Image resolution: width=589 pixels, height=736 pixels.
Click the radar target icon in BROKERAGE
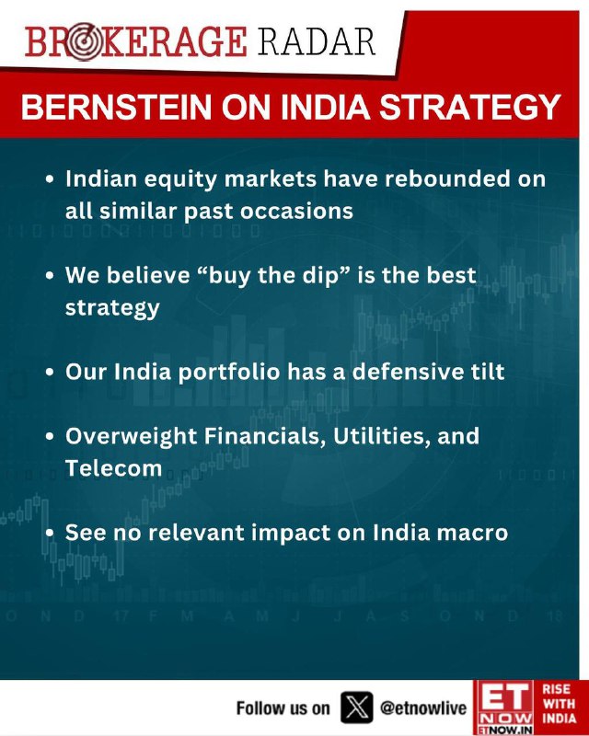pyautogui.click(x=84, y=42)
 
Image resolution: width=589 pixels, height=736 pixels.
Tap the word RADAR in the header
pyautogui.click(x=317, y=41)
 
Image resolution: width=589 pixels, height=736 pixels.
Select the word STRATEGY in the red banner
pyautogui.click(x=469, y=107)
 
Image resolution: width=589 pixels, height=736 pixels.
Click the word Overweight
pyautogui.click(x=131, y=436)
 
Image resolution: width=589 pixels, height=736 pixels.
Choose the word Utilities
pyautogui.click(x=382, y=436)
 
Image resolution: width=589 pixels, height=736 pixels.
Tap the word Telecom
pyautogui.click(x=114, y=468)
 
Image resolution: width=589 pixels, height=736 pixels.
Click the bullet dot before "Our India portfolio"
pyautogui.click(x=51, y=373)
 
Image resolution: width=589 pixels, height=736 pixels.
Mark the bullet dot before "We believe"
pyautogui.click(x=51, y=275)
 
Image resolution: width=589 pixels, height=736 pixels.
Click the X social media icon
pyautogui.click(x=356, y=707)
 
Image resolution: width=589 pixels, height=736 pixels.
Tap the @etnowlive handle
pyautogui.click(x=423, y=707)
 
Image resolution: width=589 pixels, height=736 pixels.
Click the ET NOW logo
pyautogui.click(x=505, y=707)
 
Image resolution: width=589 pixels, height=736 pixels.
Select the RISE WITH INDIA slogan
pyautogui.click(x=559, y=704)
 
